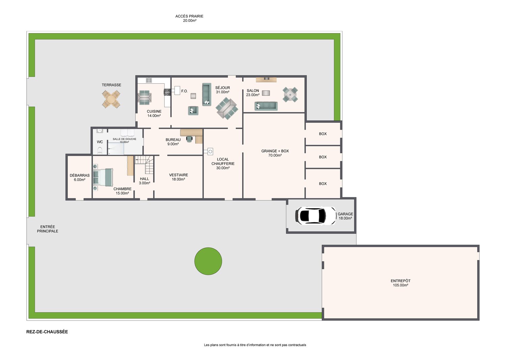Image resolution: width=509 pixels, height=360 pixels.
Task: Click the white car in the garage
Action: pos(316,216)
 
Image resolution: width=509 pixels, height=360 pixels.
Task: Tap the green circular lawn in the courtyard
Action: pos(208,261)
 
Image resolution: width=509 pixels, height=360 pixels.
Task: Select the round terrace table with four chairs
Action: pos(111,99)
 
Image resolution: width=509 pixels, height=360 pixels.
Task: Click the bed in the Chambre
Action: pos(103,177)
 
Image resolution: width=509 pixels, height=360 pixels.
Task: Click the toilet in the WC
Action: pos(100,150)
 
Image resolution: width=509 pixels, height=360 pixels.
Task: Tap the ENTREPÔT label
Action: pos(401,281)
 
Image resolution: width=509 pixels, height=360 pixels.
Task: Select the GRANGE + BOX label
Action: pos(275,151)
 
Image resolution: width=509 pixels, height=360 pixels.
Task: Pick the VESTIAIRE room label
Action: pos(178,175)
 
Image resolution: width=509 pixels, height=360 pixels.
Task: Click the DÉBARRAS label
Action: pos(80,175)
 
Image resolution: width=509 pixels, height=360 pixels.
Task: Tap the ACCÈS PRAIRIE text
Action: pos(189,16)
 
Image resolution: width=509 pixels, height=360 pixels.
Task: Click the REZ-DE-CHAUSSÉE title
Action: pos(47,332)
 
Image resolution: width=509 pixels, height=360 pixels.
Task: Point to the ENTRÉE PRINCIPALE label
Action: pos(48,229)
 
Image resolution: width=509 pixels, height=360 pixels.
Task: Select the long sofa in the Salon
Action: pos(266,106)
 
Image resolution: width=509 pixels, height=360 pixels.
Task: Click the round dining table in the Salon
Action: pos(290,94)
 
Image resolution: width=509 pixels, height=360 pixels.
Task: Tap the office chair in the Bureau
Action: pos(189,139)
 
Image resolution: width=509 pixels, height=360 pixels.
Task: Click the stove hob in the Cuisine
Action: pos(167,92)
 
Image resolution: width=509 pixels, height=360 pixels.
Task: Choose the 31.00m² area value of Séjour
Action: pos(223,92)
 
